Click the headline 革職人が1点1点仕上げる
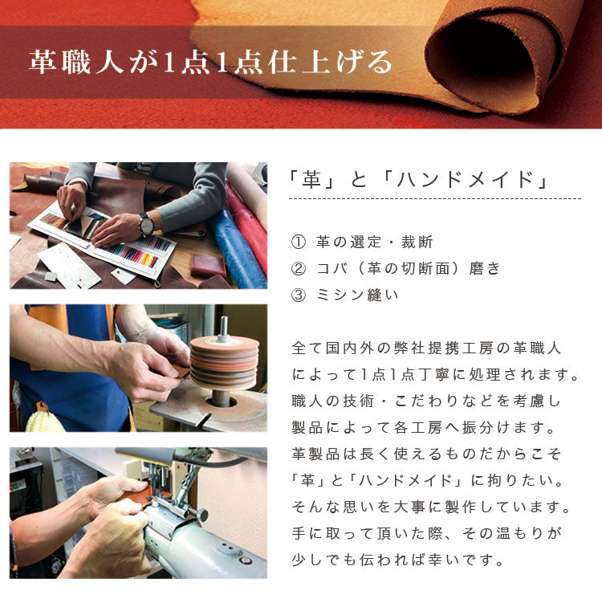(210, 63)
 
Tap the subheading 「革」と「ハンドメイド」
(419, 180)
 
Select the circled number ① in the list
(299, 242)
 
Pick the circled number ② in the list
(299, 268)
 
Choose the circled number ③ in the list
(299, 295)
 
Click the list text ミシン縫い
(357, 295)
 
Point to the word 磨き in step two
(484, 268)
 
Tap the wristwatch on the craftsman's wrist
(146, 225)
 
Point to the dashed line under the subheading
(435, 199)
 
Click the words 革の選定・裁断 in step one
(375, 242)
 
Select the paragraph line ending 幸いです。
(398, 560)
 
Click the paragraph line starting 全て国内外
(426, 348)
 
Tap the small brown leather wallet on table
(208, 265)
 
